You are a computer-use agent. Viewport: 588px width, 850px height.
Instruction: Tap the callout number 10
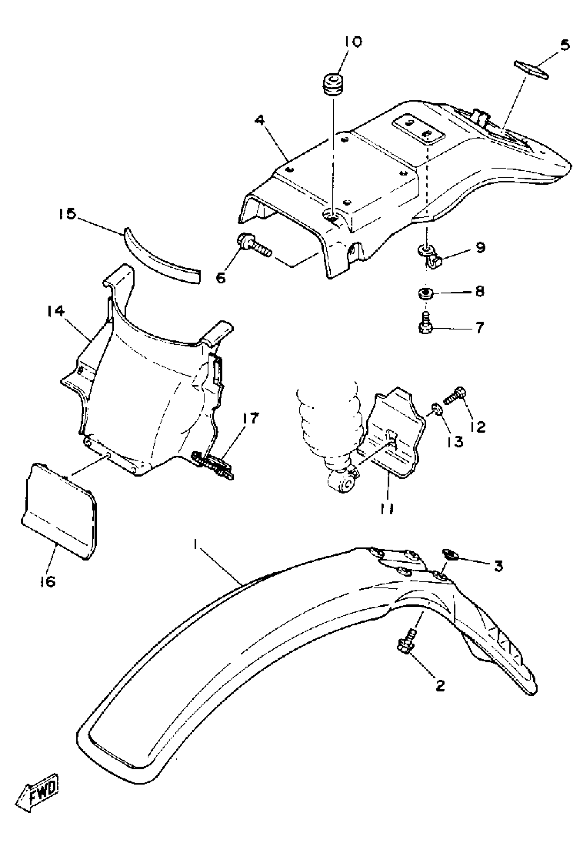coord(352,42)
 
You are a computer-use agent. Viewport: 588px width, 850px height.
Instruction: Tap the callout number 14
coord(56,311)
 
